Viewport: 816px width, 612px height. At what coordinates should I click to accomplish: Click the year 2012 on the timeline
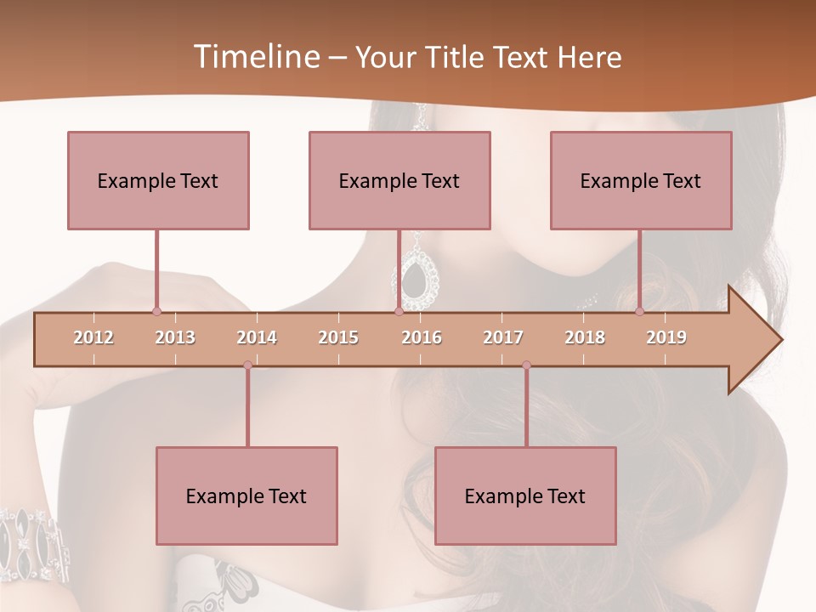[x=93, y=337]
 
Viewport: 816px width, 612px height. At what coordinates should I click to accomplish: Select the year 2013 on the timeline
[x=175, y=337]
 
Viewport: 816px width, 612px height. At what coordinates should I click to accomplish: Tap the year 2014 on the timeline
[x=257, y=337]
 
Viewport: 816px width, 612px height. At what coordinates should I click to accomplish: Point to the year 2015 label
[x=338, y=337]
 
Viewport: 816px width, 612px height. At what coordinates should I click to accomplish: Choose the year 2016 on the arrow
[x=422, y=337]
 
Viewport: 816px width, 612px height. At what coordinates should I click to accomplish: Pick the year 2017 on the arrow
[x=503, y=337]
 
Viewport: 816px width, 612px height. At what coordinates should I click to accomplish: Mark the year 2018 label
[x=585, y=337]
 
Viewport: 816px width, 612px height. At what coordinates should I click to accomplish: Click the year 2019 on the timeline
[x=666, y=337]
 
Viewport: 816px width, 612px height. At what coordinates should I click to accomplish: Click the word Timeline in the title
[x=255, y=57]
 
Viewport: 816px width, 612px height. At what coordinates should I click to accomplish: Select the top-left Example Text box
[x=158, y=180]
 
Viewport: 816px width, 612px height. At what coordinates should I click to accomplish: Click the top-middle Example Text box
[x=399, y=180]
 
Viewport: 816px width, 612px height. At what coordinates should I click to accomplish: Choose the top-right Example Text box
[x=641, y=180]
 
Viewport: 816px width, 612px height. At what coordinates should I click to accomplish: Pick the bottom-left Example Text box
[x=246, y=496]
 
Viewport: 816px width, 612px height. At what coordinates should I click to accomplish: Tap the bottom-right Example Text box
[x=525, y=496]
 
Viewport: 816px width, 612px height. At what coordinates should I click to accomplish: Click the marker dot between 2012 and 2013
[x=156, y=311]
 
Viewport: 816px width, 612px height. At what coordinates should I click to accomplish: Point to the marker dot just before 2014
[x=247, y=365]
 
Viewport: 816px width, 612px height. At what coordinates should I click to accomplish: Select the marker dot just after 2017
[x=526, y=365]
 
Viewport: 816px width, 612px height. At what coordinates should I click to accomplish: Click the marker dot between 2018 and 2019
[x=639, y=311]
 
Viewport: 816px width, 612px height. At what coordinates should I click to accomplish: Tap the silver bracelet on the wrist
[x=34, y=544]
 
